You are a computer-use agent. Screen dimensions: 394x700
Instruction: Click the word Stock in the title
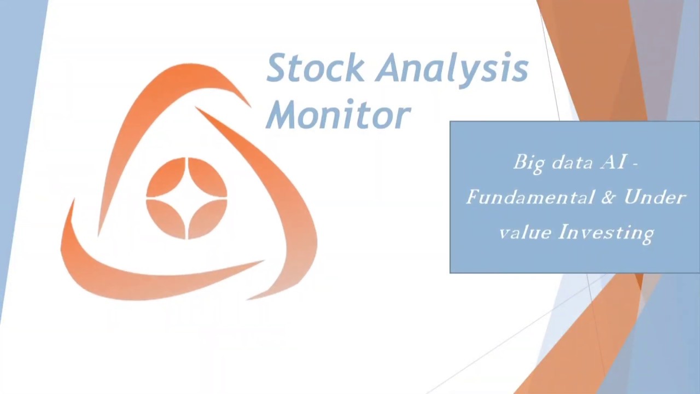pos(315,68)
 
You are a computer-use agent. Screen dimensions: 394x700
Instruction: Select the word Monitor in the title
pos(338,115)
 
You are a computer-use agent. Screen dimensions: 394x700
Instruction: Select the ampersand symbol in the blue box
pos(608,197)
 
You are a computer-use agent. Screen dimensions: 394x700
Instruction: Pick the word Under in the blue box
pos(655,197)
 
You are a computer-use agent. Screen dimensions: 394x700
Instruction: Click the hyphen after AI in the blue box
pos(634,163)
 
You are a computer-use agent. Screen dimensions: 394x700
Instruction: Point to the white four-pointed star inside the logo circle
pos(187,198)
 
